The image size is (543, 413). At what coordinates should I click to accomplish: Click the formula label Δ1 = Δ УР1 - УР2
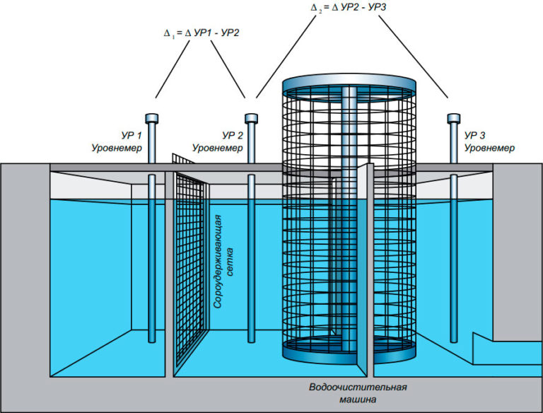click(202, 33)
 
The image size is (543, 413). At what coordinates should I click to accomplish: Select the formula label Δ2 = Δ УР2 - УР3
click(348, 7)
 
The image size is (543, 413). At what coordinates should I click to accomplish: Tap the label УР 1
click(132, 136)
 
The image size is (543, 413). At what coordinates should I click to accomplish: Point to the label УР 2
click(233, 136)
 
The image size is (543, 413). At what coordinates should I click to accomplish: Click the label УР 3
click(475, 136)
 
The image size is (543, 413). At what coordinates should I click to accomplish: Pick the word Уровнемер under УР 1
click(117, 149)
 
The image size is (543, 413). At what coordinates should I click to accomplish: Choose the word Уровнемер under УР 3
click(489, 149)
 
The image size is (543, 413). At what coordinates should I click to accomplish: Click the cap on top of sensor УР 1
click(152, 119)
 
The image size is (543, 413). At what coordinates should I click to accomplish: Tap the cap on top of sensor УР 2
click(251, 119)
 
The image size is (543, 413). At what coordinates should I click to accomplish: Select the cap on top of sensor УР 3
click(454, 119)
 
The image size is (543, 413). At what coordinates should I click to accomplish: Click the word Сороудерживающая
click(218, 262)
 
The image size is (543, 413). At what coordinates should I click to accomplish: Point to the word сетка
click(230, 262)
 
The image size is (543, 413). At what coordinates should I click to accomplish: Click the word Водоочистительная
click(358, 387)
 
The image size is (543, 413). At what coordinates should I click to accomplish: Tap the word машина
click(358, 400)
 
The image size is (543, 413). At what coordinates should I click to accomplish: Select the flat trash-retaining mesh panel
click(189, 263)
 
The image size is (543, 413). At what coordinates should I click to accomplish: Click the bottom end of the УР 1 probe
click(152, 342)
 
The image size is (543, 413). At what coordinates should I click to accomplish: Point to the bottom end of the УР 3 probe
click(454, 342)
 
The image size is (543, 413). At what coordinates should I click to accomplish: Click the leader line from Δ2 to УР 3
click(413, 57)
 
